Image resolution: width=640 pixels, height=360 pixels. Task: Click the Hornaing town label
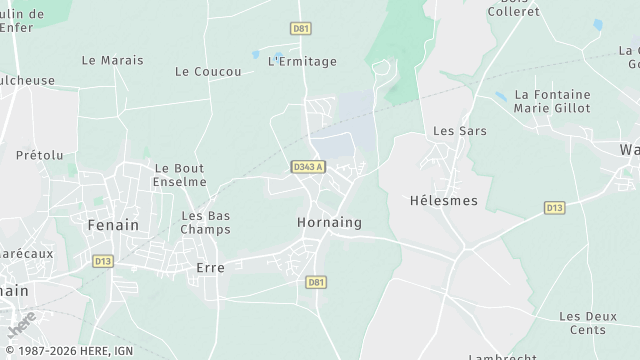click(329, 222)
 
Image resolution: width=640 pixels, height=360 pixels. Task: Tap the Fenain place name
click(113, 225)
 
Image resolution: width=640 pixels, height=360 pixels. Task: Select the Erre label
click(210, 268)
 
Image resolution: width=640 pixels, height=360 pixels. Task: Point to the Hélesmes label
click(444, 200)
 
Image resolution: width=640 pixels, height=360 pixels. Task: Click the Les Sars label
click(452, 131)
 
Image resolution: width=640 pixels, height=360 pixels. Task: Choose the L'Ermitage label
click(303, 61)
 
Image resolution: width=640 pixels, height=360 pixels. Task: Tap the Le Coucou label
click(208, 71)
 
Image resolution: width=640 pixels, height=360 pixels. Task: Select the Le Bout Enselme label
click(180, 175)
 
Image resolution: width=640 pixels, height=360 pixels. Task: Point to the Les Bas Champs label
click(205, 222)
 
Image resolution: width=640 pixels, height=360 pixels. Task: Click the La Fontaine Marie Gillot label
click(552, 101)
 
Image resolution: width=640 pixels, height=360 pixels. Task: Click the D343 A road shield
click(308, 167)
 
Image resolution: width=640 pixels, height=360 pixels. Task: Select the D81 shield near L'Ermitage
click(301, 28)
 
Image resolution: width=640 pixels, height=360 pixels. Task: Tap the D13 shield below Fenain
click(102, 261)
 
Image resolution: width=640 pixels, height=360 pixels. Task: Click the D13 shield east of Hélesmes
click(554, 208)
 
